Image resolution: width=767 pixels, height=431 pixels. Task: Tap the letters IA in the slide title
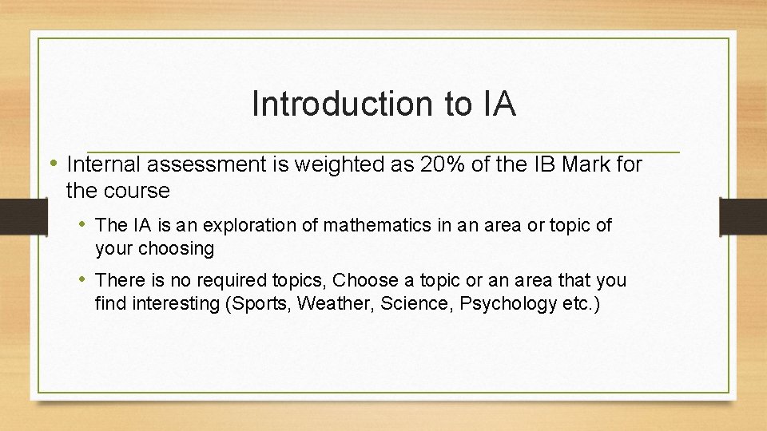tap(499, 104)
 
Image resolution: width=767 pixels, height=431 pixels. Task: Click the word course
tap(141, 191)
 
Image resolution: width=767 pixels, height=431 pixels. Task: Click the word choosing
tap(177, 248)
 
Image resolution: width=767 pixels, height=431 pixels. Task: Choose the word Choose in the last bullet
tap(364, 280)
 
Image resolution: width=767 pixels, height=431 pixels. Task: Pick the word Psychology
tap(508, 303)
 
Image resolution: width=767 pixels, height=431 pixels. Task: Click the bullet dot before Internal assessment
tap(55, 163)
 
